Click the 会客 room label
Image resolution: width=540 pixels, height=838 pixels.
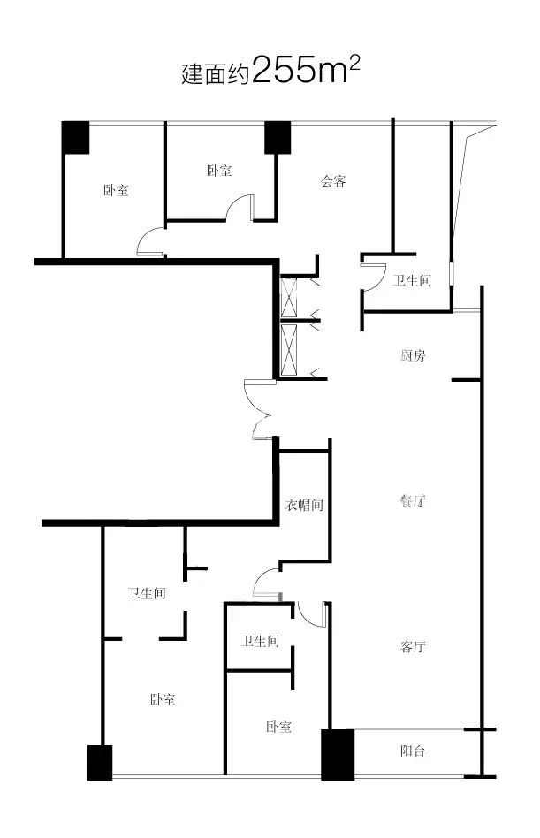point(333,182)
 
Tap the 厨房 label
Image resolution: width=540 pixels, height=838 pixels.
point(413,356)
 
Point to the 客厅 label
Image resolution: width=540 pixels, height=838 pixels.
point(413,647)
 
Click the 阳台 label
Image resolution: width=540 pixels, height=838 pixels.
point(413,751)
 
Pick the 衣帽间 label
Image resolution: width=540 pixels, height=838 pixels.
point(303,507)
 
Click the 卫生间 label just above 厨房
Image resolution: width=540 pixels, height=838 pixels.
point(413,281)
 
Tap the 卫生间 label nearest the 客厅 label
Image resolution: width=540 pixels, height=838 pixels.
point(261,641)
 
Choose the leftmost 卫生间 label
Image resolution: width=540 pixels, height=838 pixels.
point(146,593)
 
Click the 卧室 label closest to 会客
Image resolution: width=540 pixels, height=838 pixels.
point(220,171)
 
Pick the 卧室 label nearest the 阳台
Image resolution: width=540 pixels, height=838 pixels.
point(278,728)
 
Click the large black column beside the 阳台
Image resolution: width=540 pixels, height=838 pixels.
point(337,754)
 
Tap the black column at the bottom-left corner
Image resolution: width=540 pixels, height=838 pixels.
point(100,762)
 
